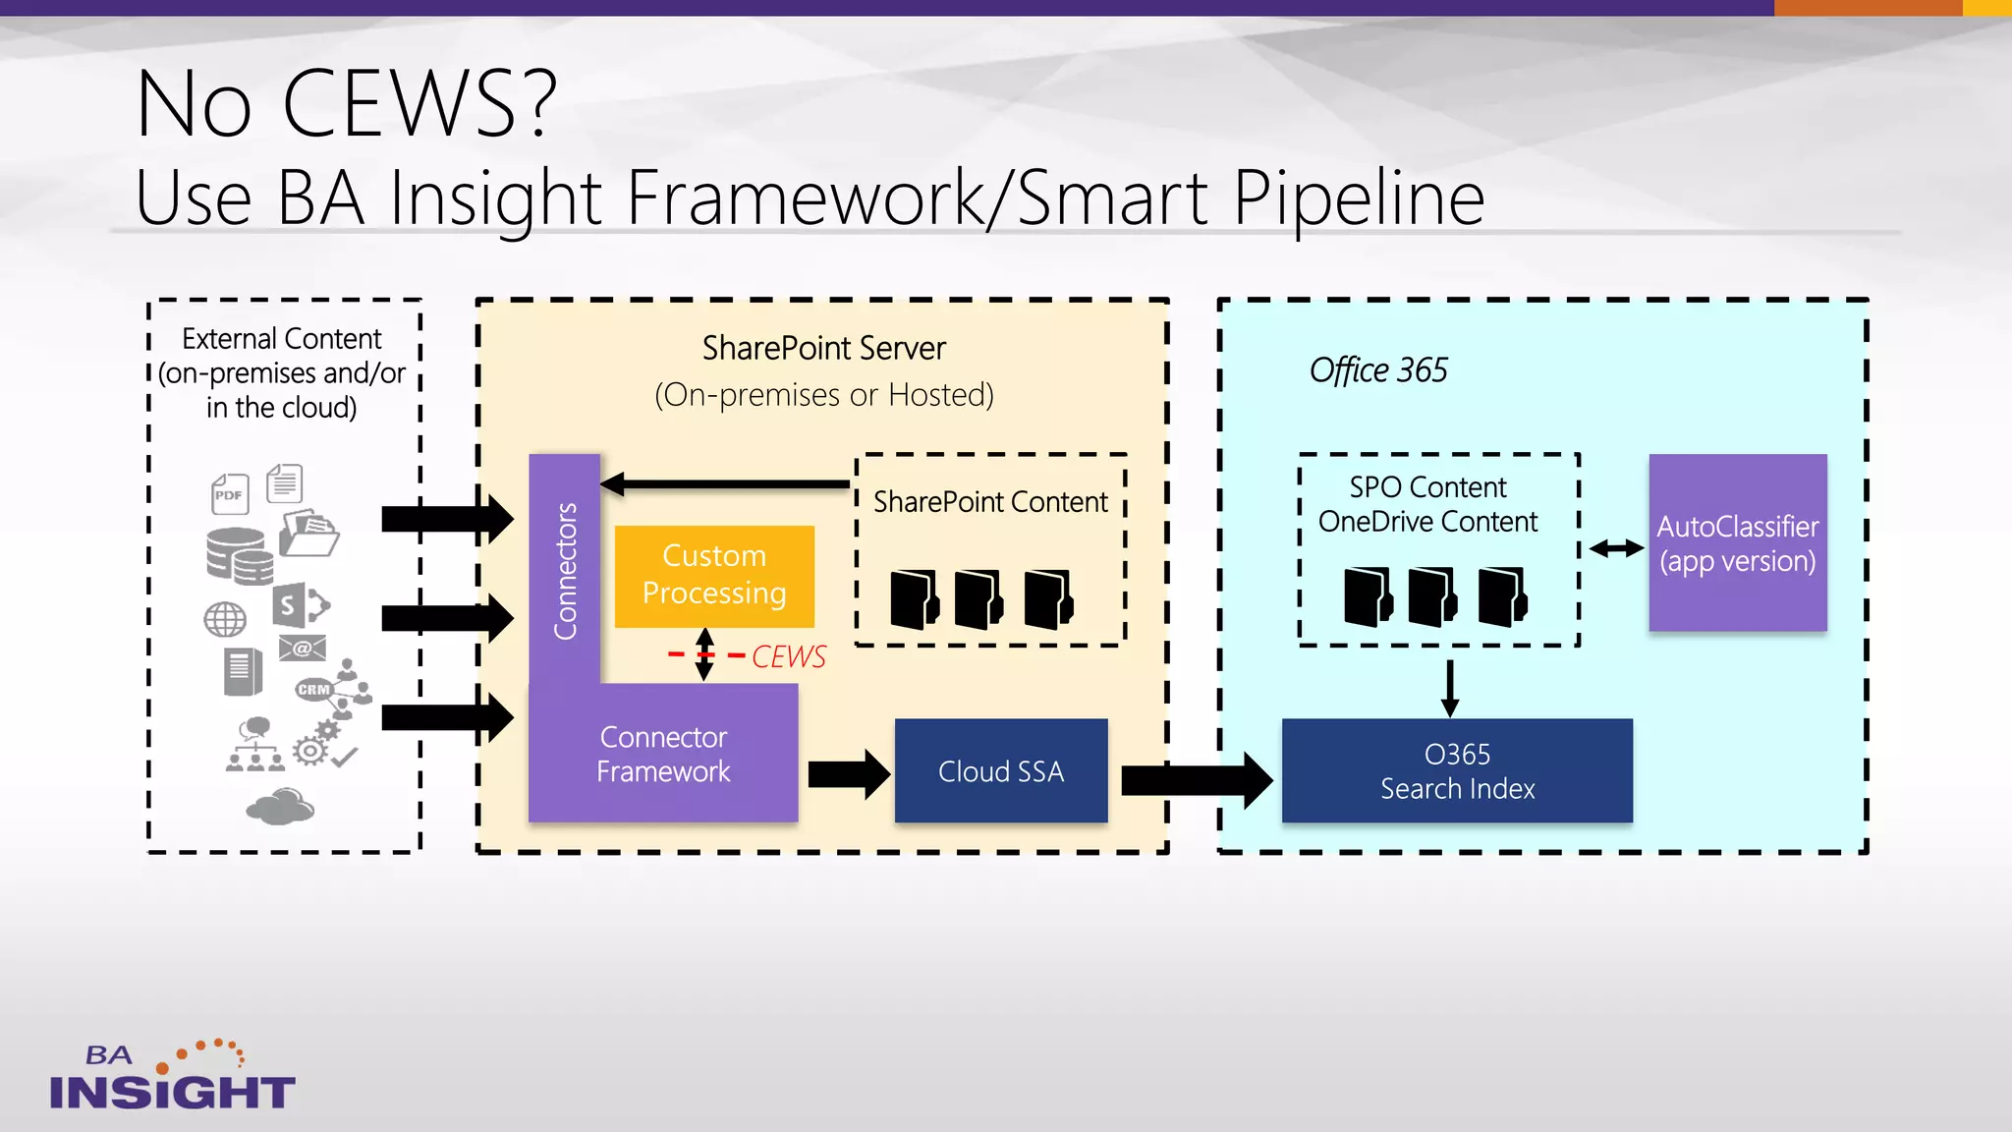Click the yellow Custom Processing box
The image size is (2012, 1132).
(714, 575)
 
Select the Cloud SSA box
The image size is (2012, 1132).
(1000, 770)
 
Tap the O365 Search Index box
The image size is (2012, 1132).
(1456, 770)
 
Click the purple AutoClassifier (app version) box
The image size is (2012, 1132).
(1737, 542)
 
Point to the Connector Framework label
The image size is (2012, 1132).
(663, 754)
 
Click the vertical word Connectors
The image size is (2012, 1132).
(565, 570)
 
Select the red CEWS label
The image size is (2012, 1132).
(788, 656)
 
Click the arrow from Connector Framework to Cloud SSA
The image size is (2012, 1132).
(848, 774)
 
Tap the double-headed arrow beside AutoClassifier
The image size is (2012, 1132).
(1616, 548)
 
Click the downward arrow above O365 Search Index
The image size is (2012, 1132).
(1449, 688)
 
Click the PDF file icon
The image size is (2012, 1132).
(230, 493)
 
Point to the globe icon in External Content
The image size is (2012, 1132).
(225, 619)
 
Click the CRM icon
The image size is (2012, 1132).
(313, 689)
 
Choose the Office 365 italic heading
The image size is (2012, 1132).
(1377, 370)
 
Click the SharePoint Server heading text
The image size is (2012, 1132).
(823, 348)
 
